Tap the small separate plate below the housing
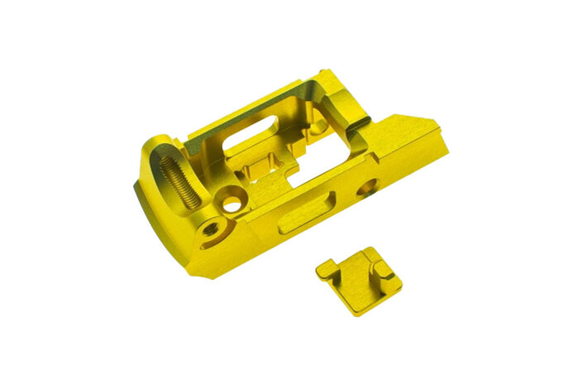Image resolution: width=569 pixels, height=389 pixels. pyautogui.click(x=359, y=279)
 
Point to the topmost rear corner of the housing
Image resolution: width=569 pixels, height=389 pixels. pyautogui.click(x=328, y=72)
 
